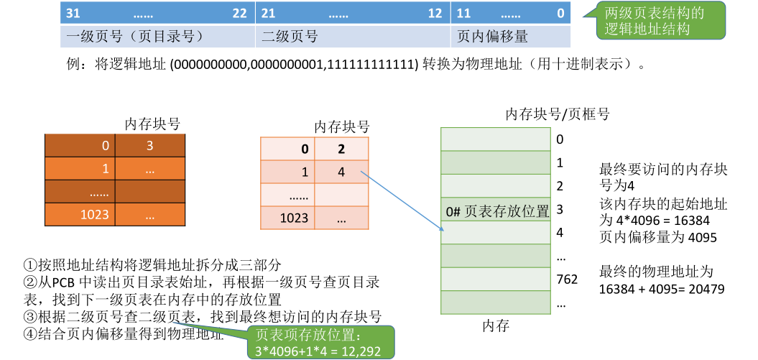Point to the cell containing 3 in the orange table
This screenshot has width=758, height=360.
[149, 146]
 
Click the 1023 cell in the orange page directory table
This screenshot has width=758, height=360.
[95, 214]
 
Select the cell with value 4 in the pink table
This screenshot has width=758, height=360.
[341, 172]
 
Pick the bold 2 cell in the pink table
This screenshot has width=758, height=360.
[341, 149]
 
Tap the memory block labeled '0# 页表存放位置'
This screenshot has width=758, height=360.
[496, 211]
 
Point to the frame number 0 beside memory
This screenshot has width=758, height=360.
[560, 139]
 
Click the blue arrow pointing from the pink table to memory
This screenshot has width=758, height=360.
[402, 201]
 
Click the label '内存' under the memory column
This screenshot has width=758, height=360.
[496, 326]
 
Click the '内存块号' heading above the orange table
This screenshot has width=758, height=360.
[152, 124]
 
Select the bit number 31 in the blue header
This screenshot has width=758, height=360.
[73, 14]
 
